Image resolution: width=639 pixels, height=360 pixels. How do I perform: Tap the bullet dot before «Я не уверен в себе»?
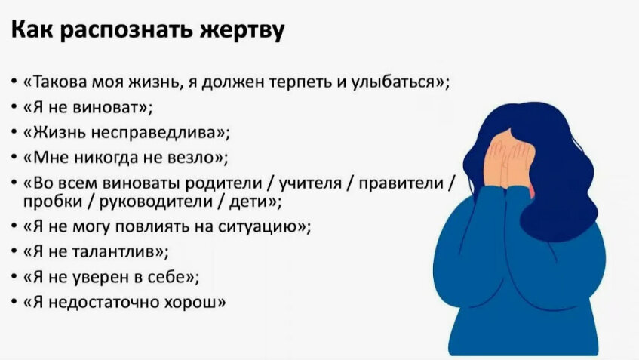tap(16, 276)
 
